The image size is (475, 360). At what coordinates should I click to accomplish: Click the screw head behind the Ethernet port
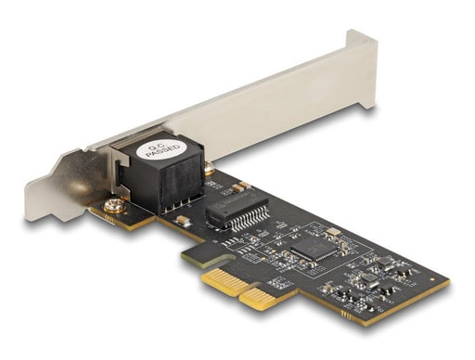point(211,170)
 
